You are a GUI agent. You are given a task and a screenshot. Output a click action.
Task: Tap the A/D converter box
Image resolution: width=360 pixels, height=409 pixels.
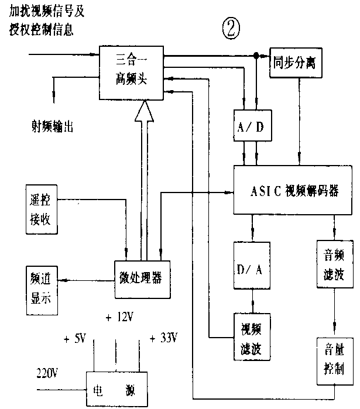pos(252,125)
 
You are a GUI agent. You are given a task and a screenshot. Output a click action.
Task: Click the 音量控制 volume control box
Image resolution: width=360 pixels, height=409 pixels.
pos(332,362)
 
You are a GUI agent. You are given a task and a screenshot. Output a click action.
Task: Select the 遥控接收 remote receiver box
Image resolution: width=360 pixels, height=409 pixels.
pos(42,209)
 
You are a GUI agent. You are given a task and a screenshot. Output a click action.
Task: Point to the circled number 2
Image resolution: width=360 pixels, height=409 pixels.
pos(231,28)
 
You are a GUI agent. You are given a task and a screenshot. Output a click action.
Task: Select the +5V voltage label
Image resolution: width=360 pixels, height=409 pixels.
pos(77,338)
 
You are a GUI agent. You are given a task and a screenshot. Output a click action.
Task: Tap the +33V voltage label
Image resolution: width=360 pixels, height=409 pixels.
pos(163,338)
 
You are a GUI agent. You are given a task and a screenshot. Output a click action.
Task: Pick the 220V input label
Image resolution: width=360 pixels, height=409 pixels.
pos(47,373)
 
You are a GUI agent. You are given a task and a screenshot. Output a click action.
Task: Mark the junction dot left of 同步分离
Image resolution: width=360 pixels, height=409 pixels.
pos(256,56)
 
